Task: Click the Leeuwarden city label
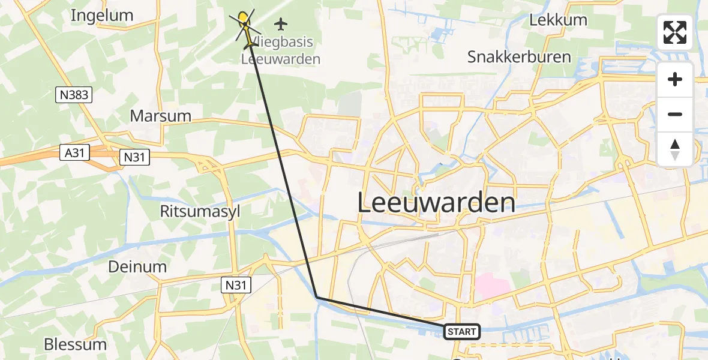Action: coord(436,203)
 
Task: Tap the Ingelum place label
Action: coord(101,16)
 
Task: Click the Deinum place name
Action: coord(137,266)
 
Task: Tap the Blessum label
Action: coord(75,344)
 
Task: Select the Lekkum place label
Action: coord(558,20)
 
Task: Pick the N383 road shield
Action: coord(74,94)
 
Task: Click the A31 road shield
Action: coord(74,154)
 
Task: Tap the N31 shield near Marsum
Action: coord(134,157)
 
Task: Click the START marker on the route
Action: coord(461,331)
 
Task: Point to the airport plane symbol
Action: coord(280,24)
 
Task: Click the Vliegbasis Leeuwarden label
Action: coord(280,51)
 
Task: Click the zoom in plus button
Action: coord(675,79)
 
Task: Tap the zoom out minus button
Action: coord(675,114)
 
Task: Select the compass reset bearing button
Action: coord(675,149)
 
